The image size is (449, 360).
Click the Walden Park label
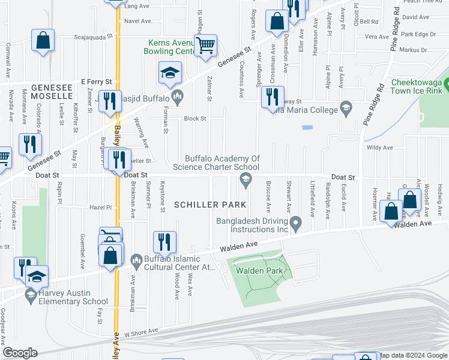(259, 271)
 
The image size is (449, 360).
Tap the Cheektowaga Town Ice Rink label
(417, 87)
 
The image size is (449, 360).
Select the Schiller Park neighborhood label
(210, 205)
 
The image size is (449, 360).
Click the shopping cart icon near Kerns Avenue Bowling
(205, 45)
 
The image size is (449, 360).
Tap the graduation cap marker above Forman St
(170, 73)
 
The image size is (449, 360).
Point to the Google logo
(19, 353)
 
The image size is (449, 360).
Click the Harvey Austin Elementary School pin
(30, 293)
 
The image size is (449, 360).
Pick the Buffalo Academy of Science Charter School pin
(245, 178)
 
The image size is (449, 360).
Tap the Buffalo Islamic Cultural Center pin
(136, 259)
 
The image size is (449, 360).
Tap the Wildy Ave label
(379, 147)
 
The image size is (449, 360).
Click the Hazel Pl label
(100, 207)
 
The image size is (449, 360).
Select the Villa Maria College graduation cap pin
(345, 108)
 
